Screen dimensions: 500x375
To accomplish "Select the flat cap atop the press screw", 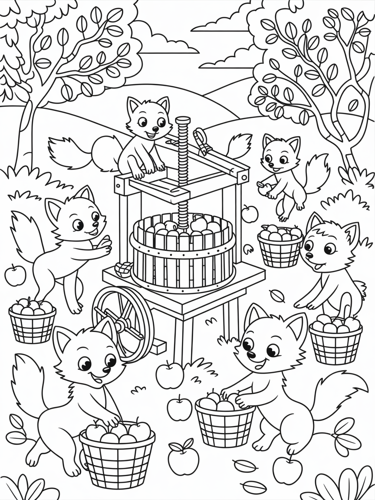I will tap(183, 119).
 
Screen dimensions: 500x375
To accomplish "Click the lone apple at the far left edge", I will tap(15, 276).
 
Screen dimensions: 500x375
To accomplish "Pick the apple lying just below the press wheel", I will tap(169, 375).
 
